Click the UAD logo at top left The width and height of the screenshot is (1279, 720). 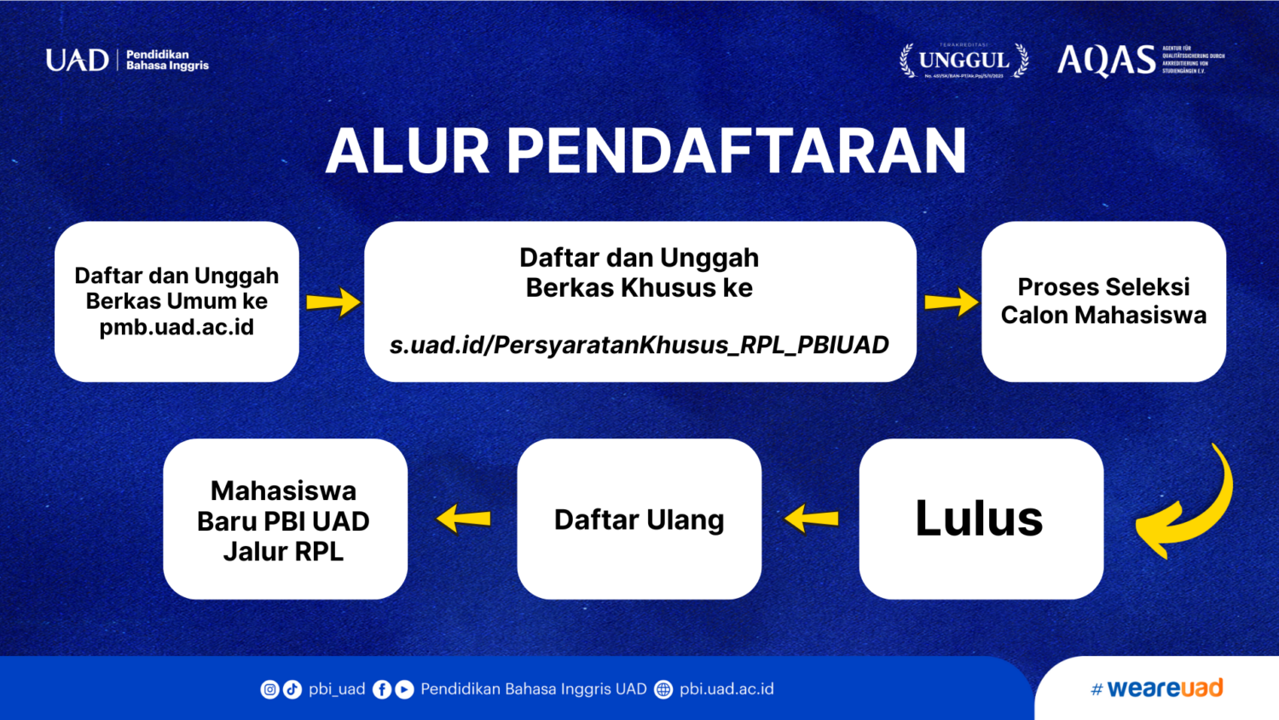coord(77,60)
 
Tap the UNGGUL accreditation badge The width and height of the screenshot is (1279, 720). coord(964,61)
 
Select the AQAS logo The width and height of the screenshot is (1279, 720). coord(1107,60)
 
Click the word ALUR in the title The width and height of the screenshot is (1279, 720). coord(407,152)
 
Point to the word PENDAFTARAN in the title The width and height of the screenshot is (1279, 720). coord(737,152)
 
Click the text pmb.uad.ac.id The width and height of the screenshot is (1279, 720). coord(177,328)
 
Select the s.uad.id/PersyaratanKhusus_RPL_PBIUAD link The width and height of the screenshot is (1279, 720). coord(639,345)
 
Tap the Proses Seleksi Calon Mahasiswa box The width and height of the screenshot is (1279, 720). coord(1103,301)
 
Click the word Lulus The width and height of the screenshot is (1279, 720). coord(979,518)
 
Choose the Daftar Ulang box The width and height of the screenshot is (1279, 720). coord(639,519)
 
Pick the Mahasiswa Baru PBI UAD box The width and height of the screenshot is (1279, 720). coord(284,520)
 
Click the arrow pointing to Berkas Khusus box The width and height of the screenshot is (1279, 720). coord(333,302)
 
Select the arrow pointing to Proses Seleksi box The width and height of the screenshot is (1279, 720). coord(950,302)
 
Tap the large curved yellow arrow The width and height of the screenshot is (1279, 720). coord(1189,508)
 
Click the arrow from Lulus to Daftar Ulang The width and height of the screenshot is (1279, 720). coord(811,518)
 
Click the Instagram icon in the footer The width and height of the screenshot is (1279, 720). coord(269,689)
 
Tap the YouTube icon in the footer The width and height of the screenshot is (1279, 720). coord(404,689)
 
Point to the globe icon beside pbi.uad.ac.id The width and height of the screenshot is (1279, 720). coord(663,689)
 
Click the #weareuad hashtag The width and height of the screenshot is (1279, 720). coord(1157,688)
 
